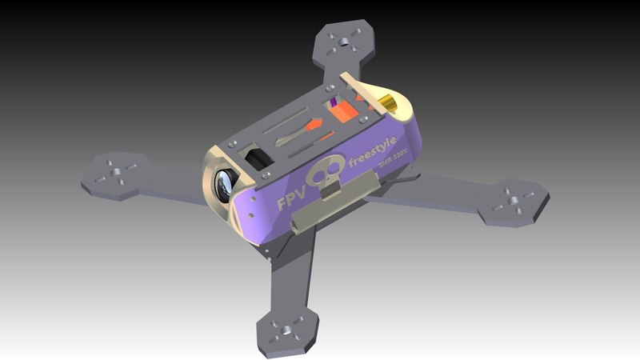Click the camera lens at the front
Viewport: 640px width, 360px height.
(x=226, y=186)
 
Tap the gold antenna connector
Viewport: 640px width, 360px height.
(x=386, y=104)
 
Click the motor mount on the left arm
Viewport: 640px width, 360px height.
(x=114, y=174)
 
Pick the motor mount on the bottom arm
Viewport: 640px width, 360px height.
(x=287, y=330)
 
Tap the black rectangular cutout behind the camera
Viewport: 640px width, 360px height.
(x=258, y=155)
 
